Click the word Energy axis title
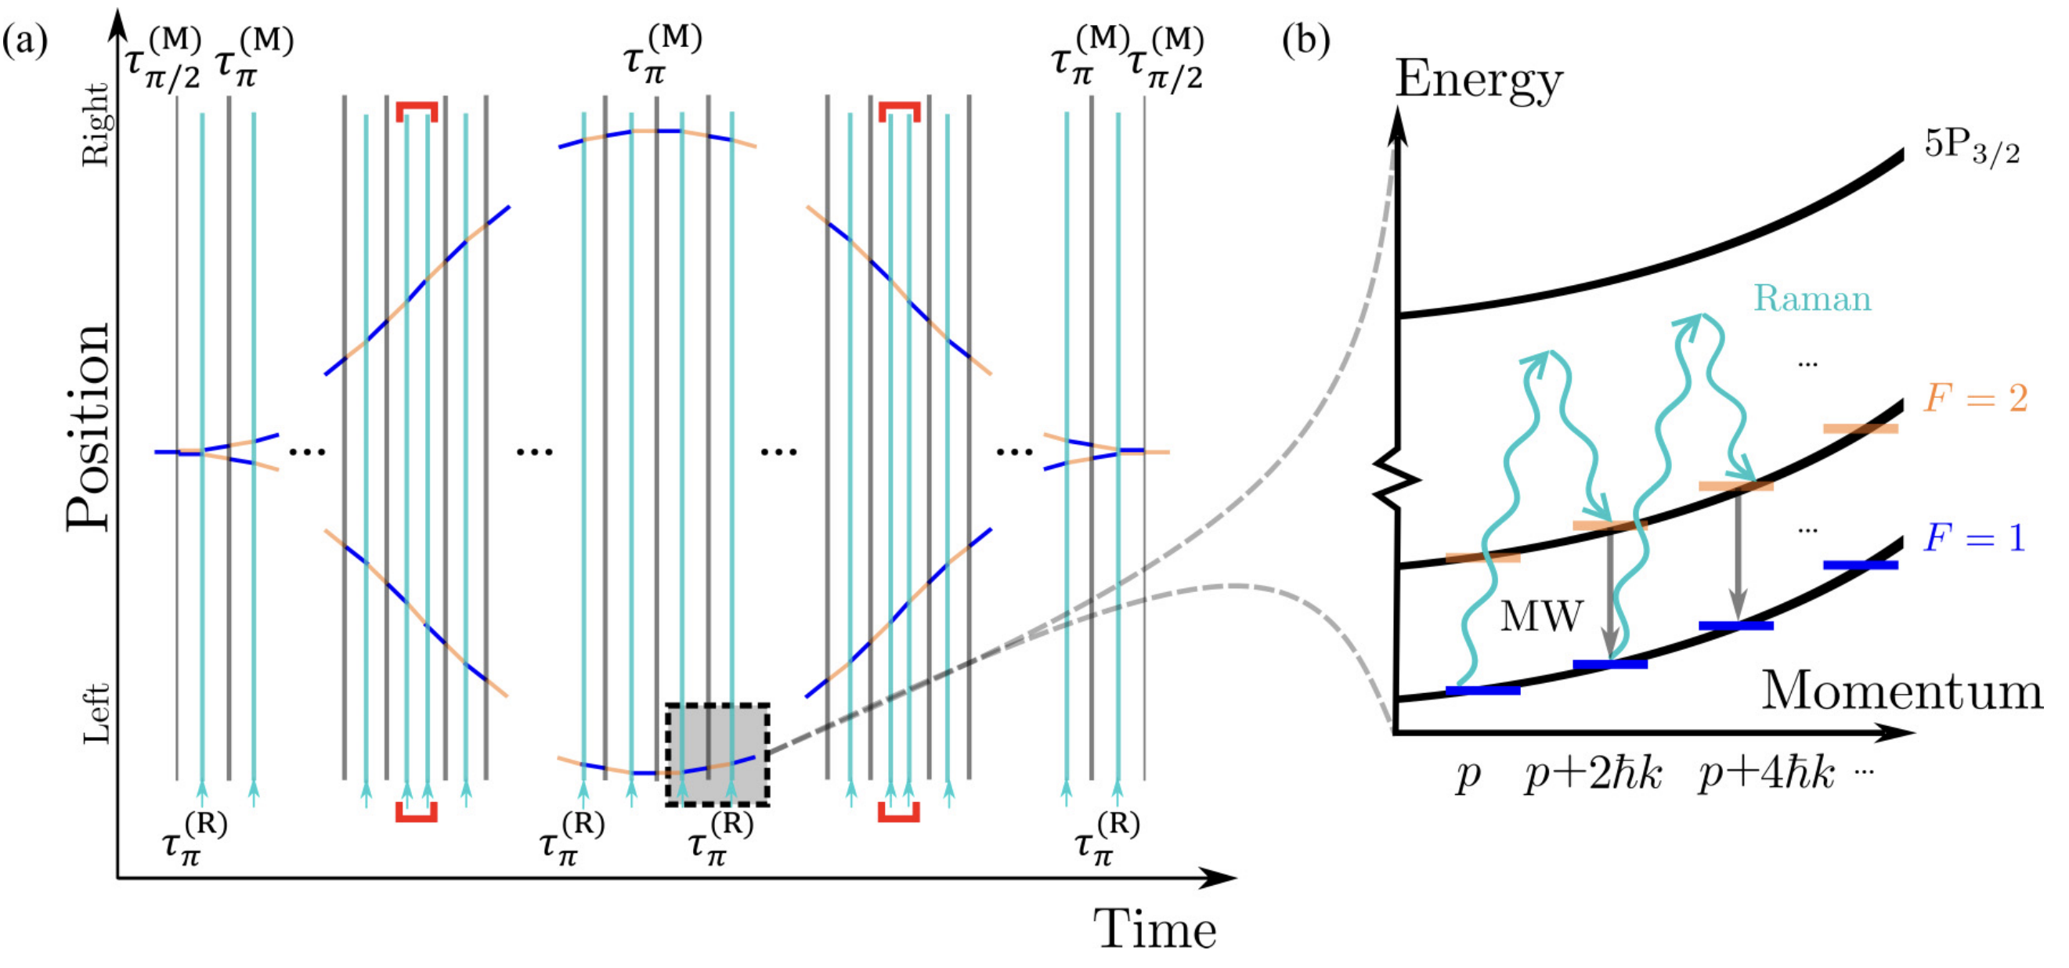point(1479,81)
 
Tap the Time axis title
point(1154,930)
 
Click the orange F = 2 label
point(1975,399)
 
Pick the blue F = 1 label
point(1975,537)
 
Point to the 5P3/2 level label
point(1971,148)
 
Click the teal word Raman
point(1812,299)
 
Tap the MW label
point(1541,617)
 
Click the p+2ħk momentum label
point(1594,775)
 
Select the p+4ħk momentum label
point(1766,775)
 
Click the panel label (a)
point(25,40)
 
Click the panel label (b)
point(1306,40)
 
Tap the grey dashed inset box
point(717,754)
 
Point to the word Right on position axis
point(96,125)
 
